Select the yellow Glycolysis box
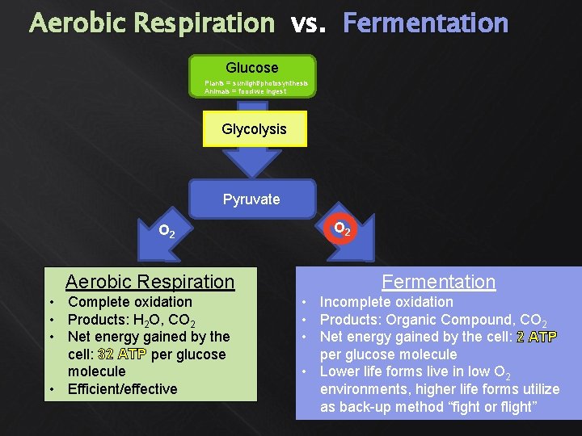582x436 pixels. [x=254, y=129]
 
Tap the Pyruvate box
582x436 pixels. [x=251, y=199]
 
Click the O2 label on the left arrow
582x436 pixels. [x=168, y=232]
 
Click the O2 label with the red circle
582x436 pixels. [x=342, y=230]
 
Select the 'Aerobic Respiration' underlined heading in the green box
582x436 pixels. [x=150, y=282]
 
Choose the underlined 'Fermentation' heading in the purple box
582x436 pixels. [x=438, y=282]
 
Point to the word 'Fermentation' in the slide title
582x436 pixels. [x=425, y=23]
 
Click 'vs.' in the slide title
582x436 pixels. [x=308, y=24]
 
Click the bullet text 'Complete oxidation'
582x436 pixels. [x=129, y=302]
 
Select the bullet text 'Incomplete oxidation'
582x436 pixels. [x=386, y=302]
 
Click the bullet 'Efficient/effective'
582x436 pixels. [x=122, y=389]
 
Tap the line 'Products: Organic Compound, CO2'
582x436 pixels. [x=433, y=320]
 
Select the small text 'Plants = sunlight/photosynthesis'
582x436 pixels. [x=255, y=83]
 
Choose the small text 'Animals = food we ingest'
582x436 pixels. [x=245, y=91]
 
